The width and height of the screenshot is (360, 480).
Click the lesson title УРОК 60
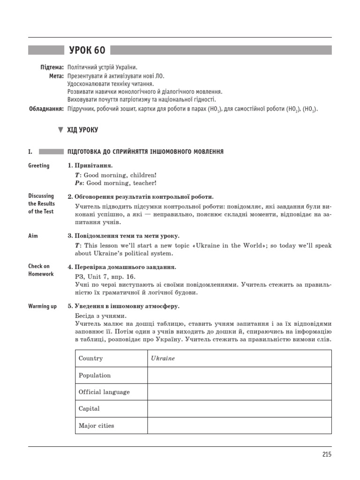(x=87, y=51)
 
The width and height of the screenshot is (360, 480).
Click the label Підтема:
(x=52, y=67)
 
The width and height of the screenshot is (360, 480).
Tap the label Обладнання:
(x=46, y=109)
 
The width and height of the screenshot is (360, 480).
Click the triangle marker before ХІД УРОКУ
(x=60, y=130)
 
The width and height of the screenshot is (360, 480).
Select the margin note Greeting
(x=38, y=165)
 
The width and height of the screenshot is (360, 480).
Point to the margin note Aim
(x=33, y=236)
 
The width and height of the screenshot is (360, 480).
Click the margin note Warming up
(x=42, y=306)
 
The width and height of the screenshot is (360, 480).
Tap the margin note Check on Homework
(x=41, y=270)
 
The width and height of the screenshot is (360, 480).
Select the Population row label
(x=95, y=375)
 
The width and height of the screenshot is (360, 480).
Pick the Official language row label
(x=104, y=392)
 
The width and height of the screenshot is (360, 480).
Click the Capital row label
(x=89, y=408)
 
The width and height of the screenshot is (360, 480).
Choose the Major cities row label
(x=96, y=426)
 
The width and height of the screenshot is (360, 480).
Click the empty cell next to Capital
(x=239, y=408)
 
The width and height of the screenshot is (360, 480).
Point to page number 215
(x=326, y=454)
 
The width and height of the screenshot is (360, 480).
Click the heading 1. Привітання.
(x=90, y=165)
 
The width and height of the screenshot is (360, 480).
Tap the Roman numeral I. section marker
(x=30, y=151)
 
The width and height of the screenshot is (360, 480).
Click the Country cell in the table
(x=90, y=358)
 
